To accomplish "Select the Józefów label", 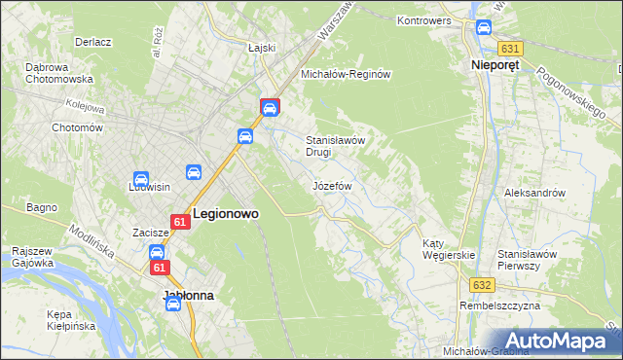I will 331,185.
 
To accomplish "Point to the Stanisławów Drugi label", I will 335,145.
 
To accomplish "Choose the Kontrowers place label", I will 426,19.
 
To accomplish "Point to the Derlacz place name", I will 93,43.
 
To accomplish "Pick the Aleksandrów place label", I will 534,193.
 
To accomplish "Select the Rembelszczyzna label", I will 499,306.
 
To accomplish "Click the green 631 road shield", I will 509,48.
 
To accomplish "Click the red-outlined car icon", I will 270,107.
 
